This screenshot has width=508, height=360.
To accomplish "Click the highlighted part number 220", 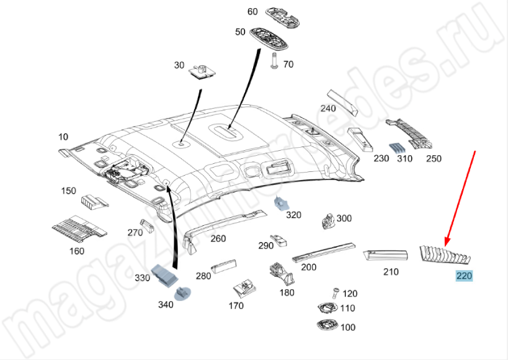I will pyautogui.click(x=464, y=276).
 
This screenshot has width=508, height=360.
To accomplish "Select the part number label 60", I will pyautogui.click(x=252, y=12).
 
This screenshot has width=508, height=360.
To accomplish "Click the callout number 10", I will pyautogui.click(x=63, y=137).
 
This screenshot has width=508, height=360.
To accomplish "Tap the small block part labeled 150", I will pyautogui.click(x=94, y=200).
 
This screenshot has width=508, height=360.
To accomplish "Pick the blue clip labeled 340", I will pyautogui.click(x=184, y=292).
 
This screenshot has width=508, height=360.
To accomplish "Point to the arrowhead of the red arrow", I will pyautogui.click(x=445, y=243).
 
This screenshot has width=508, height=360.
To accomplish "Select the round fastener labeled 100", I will pyautogui.click(x=324, y=325).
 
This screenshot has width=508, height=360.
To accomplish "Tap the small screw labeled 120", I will pyautogui.click(x=334, y=292).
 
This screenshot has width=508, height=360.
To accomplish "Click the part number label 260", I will pyautogui.click(x=218, y=238).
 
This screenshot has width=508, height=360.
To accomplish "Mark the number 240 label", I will pyautogui.click(x=328, y=109).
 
